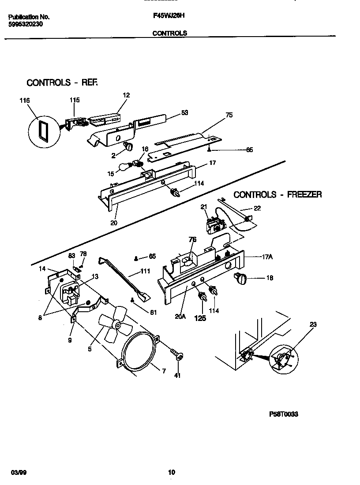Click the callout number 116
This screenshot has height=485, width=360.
(x=24, y=101)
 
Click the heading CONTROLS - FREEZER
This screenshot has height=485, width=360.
(x=277, y=194)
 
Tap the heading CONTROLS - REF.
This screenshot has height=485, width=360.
(x=62, y=82)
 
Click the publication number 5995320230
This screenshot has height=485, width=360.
(x=26, y=24)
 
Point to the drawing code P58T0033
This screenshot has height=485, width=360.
(x=284, y=414)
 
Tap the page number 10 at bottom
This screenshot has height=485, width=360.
(x=172, y=472)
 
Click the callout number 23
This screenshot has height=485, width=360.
(x=313, y=325)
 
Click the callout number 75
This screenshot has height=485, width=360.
(x=229, y=115)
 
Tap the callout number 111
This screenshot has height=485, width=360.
(x=145, y=271)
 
